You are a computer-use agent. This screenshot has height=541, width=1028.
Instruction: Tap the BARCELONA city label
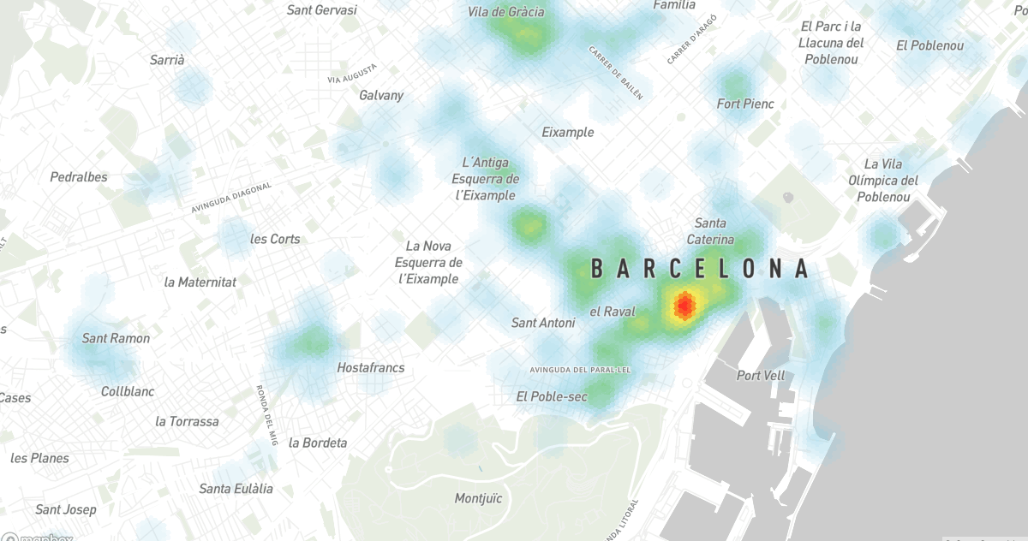tap(700, 270)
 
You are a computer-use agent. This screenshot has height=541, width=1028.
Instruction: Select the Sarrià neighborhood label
tap(167, 60)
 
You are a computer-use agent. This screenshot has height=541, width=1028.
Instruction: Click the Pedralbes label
tap(79, 177)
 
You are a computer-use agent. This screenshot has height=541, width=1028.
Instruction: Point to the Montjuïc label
tap(478, 497)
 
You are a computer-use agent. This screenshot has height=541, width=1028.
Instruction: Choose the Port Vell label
tap(761, 375)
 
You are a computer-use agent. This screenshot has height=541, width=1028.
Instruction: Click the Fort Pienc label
tap(745, 104)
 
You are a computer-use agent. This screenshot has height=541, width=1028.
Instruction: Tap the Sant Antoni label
tap(543, 323)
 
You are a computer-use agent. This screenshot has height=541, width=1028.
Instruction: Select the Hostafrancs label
tap(370, 367)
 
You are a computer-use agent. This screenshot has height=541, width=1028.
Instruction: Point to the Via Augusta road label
tap(352, 74)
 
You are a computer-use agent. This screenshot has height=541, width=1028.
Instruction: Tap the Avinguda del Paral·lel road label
tap(580, 370)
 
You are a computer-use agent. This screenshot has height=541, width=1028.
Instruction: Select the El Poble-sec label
tap(552, 396)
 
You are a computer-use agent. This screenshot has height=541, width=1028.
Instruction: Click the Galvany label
tap(381, 95)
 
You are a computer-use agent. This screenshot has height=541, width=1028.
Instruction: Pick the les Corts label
tap(275, 239)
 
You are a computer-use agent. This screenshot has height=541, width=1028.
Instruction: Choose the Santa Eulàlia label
tap(236, 489)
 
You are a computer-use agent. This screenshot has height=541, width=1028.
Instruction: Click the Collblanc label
tap(128, 391)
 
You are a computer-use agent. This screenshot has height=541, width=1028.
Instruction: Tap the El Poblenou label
tap(929, 45)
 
